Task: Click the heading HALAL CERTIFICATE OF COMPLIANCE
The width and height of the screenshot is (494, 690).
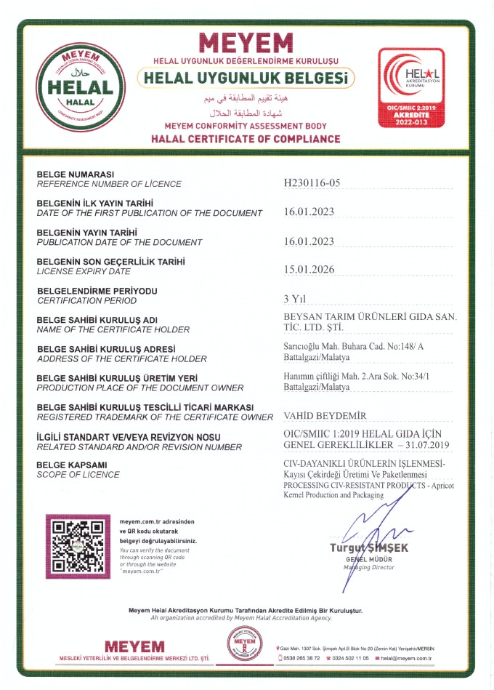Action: tap(245, 139)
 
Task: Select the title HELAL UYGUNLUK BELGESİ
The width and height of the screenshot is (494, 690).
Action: tap(246, 77)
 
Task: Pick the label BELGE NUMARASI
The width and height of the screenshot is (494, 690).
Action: tap(76, 174)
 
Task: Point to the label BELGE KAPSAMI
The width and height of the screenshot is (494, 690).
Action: tap(72, 465)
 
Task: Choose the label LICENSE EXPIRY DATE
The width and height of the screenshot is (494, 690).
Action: tap(84, 271)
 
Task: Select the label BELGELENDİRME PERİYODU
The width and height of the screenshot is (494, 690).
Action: tap(97, 291)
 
